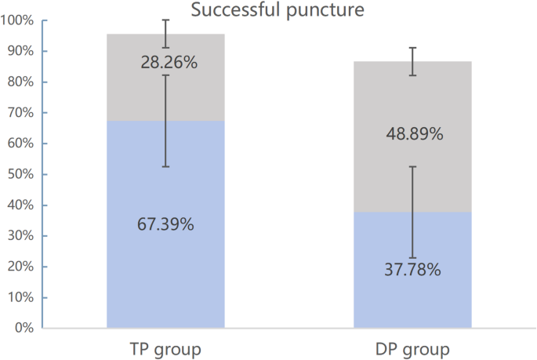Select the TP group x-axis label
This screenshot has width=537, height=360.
[165, 347]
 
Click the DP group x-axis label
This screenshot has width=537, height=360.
[412, 347]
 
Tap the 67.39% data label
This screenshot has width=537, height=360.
[165, 224]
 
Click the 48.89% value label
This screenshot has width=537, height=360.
[414, 134]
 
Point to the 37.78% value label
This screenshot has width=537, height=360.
[412, 271]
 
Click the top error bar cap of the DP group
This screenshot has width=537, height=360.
[412, 48]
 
